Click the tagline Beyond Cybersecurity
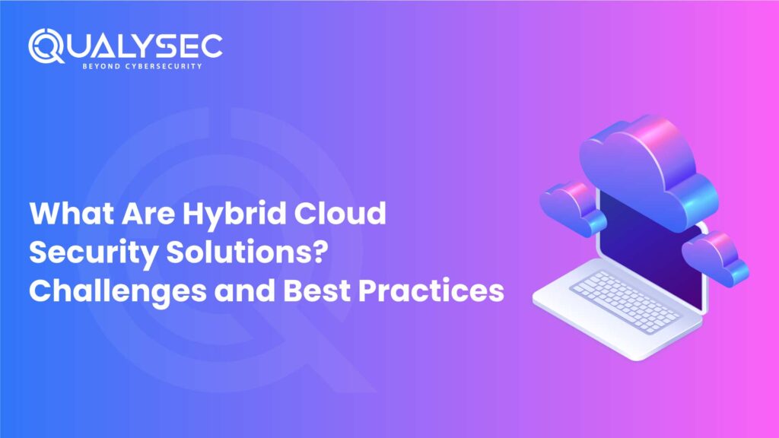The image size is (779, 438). coord(140,67)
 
